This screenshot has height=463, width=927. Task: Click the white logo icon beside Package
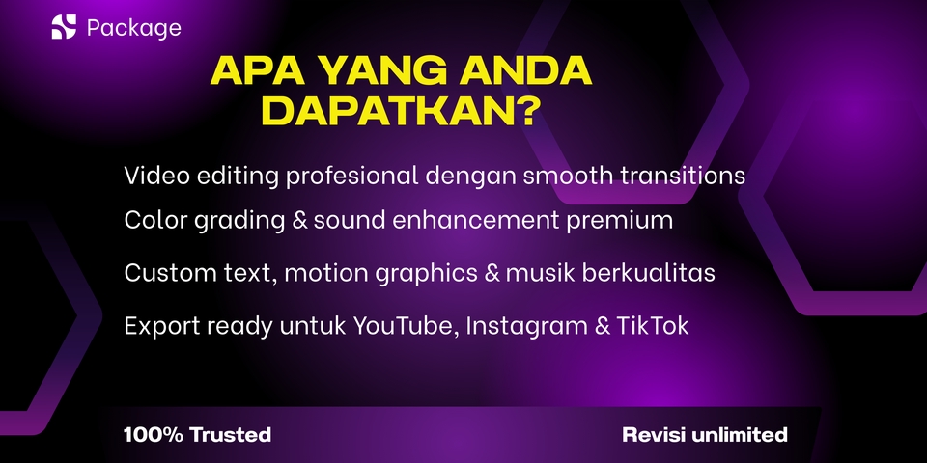coord(64,27)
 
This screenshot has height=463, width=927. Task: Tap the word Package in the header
coord(134,28)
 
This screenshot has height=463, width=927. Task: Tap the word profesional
coord(352,176)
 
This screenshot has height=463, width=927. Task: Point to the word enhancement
coord(476,220)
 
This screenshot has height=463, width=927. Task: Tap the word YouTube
coord(406,326)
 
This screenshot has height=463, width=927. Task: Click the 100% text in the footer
coord(154,435)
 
